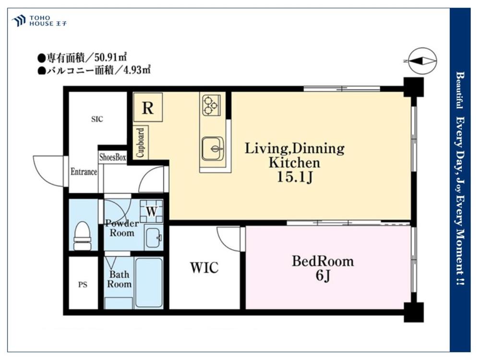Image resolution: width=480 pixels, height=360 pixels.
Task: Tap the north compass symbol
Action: click(422, 61)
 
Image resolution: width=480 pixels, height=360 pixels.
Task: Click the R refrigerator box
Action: click(148, 108)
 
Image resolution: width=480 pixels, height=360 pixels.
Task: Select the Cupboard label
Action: click(141, 143)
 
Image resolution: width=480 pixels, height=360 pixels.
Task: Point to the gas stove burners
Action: click(211, 105)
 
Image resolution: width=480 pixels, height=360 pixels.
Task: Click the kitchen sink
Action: click(213, 149)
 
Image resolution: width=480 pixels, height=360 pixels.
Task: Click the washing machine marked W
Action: click(152, 211)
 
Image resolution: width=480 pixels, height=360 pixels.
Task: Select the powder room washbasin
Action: click(154, 237)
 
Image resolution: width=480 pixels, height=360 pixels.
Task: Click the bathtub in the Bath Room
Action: click(149, 283)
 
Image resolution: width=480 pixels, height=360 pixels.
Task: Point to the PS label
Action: click(83, 285)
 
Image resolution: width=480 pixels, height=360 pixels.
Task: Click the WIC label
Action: click(204, 267)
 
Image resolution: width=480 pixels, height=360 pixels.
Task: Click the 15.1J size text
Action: click(295, 177)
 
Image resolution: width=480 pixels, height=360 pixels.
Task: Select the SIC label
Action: click(97, 119)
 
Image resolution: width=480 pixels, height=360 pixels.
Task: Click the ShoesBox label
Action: click(113, 157)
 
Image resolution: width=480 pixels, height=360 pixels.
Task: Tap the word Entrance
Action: click(84, 172)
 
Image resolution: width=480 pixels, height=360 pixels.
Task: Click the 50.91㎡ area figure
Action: click(111, 57)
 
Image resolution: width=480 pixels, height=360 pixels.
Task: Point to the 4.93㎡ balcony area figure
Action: click(137, 70)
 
